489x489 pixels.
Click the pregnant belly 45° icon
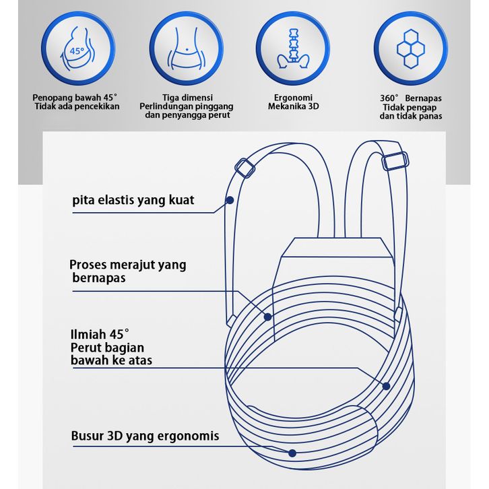coord(78,48)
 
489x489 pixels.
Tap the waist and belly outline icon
coord(187,48)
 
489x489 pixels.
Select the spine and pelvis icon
coord(293,48)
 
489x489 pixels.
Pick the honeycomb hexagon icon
coord(411,49)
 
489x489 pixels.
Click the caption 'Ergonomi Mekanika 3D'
coord(293,102)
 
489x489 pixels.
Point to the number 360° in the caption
coord(389,98)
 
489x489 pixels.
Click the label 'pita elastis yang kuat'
coord(133,200)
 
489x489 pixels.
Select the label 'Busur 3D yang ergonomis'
coord(145,436)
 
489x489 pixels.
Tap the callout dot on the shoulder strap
coord(230,200)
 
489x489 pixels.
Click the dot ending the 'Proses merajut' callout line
coord(267,317)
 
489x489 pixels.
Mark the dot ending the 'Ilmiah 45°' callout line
coord(386,386)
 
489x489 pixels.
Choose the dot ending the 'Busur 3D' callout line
coord(292,453)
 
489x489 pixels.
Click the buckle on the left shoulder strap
coord(244,168)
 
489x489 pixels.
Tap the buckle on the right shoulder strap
coord(395,161)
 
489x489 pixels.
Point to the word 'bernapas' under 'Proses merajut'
coord(99,278)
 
